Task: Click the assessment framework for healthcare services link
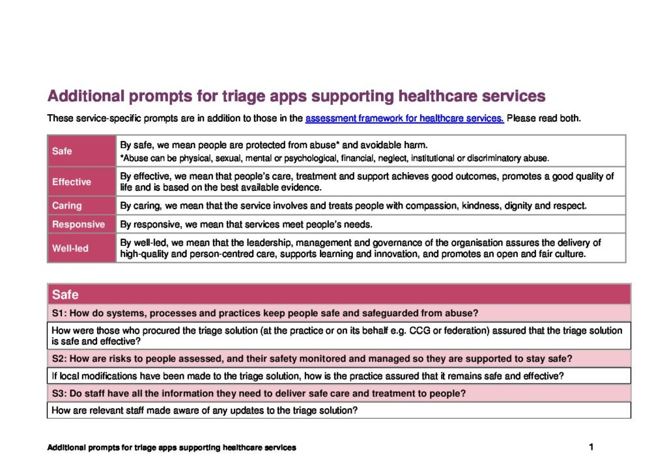[x=404, y=119]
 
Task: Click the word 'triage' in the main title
[x=221, y=96]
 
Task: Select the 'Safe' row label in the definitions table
[x=62, y=151]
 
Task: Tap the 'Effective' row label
[x=72, y=182]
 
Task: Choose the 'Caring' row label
[x=67, y=206]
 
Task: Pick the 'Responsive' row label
[x=78, y=225]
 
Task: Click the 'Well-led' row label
[x=70, y=248]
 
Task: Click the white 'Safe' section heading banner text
[x=65, y=295]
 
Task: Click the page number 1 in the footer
[x=591, y=447]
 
